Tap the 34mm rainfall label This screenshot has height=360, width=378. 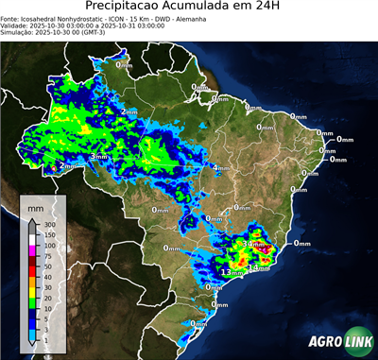[255, 245]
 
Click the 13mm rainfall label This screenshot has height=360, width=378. [226, 272]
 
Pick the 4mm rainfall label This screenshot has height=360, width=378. [220, 169]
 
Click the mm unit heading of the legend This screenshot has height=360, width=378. [35, 205]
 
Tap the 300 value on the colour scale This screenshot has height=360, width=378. [48, 224]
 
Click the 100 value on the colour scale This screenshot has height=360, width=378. [48, 246]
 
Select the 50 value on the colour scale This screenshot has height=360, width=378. [47, 266]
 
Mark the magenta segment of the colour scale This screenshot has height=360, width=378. [32, 251]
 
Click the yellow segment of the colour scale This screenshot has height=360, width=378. [32, 293]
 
